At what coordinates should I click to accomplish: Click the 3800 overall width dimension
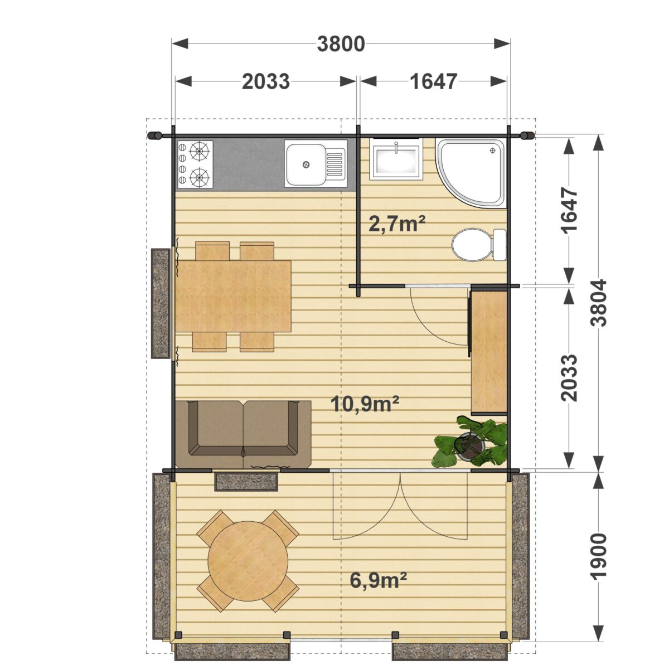[x=341, y=44]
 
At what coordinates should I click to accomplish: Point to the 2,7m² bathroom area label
[x=397, y=224]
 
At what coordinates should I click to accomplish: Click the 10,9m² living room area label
[x=365, y=404]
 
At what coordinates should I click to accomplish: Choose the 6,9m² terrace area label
[x=379, y=581]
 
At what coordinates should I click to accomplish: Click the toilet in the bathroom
[x=479, y=245]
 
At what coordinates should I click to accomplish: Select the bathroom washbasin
[x=396, y=159]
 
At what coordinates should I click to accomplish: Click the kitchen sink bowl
[x=305, y=164]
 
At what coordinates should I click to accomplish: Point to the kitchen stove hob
[x=195, y=164]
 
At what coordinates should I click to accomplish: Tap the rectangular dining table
[x=233, y=296]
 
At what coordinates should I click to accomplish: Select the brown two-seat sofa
[x=243, y=435]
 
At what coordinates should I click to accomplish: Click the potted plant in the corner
[x=470, y=442]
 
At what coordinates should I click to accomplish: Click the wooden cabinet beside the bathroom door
[x=488, y=352]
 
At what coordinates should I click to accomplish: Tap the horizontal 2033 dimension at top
[x=265, y=81]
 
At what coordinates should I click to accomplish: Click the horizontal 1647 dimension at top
[x=433, y=81]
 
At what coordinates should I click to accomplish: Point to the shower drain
[x=492, y=151]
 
